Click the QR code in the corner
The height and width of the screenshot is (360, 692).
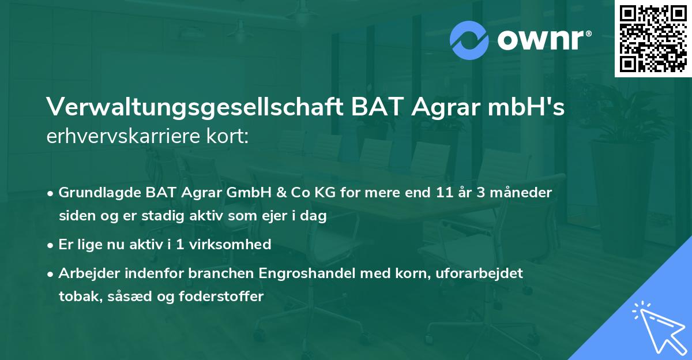point(653,39)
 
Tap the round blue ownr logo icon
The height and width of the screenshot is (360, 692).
point(469,40)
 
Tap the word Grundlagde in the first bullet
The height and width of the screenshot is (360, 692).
point(94,193)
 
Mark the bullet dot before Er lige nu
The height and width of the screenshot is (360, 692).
point(51,245)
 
